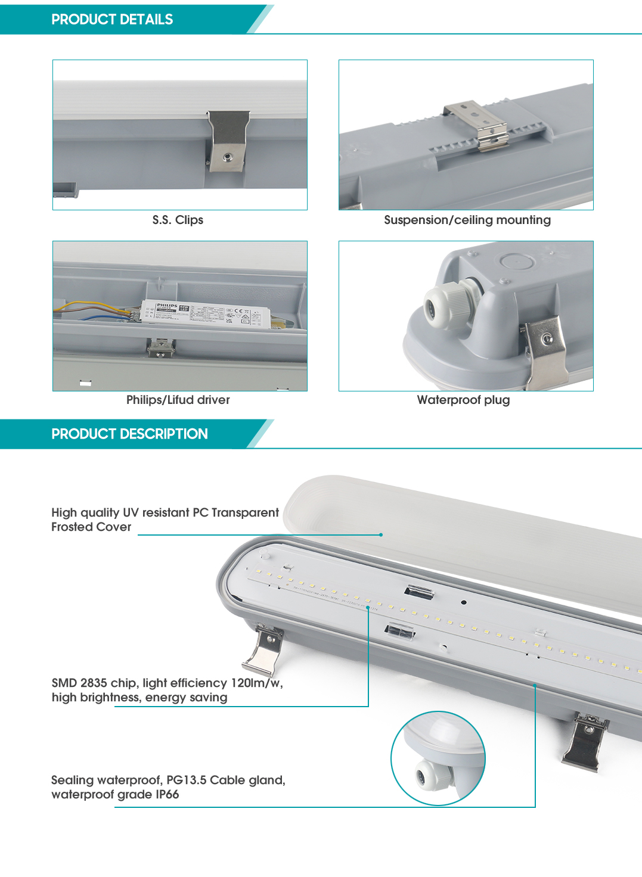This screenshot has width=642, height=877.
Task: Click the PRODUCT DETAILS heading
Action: click(x=112, y=20)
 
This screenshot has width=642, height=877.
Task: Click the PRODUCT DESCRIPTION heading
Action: click(x=129, y=434)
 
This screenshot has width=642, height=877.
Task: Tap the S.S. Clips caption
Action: click(x=178, y=220)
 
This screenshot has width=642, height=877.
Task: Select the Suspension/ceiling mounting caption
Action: click(x=467, y=220)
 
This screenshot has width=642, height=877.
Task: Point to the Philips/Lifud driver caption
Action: click(x=178, y=400)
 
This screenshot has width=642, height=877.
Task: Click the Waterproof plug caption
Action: click(x=463, y=400)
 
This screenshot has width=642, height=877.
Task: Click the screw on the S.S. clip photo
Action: click(x=227, y=157)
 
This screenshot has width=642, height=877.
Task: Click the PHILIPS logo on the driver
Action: click(x=167, y=306)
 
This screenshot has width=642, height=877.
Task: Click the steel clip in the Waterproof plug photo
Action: click(x=545, y=349)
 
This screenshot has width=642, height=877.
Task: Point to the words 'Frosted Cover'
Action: click(x=91, y=527)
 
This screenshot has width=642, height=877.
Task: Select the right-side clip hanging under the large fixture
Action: click(x=584, y=742)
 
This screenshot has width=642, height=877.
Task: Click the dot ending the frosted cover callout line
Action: click(x=381, y=534)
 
